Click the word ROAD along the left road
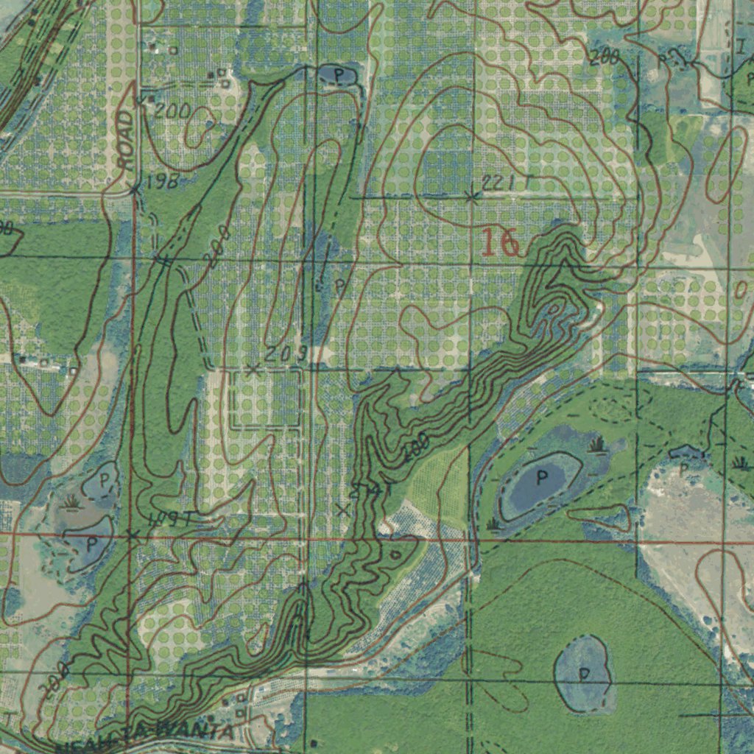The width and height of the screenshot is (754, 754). (126, 140)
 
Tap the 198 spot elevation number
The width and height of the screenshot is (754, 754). (162, 182)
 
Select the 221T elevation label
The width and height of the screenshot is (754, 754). (507, 183)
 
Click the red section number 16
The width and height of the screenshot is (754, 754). (501, 243)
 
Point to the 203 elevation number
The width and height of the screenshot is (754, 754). (285, 354)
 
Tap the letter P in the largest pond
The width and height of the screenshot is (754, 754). (542, 478)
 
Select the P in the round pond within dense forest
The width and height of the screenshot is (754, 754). (584, 674)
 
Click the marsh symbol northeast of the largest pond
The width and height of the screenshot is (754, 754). (596, 445)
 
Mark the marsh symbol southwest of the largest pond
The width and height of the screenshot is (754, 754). (493, 524)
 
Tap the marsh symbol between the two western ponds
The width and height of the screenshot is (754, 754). (71, 503)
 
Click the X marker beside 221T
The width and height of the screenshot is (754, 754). (472, 197)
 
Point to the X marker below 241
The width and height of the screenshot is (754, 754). (342, 510)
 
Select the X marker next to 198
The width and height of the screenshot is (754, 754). (135, 190)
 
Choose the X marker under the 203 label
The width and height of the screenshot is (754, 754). (253, 370)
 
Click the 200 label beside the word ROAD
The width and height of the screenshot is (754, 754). (173, 111)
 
